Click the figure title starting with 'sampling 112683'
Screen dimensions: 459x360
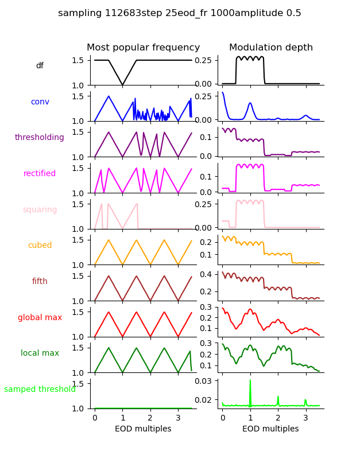click(180, 13)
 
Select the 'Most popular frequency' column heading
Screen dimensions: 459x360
click(144, 48)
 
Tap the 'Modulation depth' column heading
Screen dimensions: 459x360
click(271, 48)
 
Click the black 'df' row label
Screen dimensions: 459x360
click(40, 66)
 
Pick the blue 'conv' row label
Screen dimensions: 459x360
click(40, 102)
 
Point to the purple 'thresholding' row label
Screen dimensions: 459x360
click(40, 138)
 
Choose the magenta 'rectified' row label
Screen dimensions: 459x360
click(40, 174)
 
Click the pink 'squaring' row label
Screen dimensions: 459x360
click(40, 210)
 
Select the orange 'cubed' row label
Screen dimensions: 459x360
click(40, 246)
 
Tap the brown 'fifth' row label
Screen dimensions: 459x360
click(40, 282)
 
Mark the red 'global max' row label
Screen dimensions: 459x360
click(40, 318)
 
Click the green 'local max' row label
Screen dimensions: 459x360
click(40, 353)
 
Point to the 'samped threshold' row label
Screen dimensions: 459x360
click(40, 390)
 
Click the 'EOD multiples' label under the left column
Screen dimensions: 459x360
click(144, 429)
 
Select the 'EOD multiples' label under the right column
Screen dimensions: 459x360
click(271, 429)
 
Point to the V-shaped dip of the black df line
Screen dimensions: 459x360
click(122, 84)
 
